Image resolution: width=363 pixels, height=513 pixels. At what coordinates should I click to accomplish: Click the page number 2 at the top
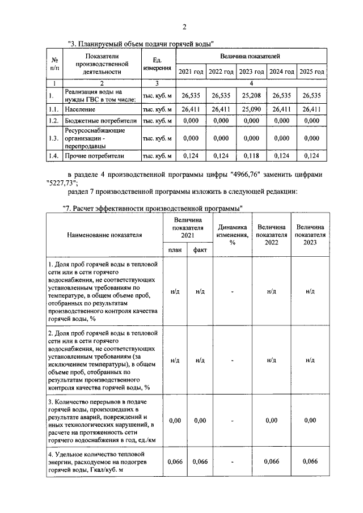[184, 27]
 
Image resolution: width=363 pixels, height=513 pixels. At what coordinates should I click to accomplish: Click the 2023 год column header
[251, 72]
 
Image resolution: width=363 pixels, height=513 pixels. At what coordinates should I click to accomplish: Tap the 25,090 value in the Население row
[251, 108]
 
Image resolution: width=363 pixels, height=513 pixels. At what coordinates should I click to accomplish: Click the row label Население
[79, 108]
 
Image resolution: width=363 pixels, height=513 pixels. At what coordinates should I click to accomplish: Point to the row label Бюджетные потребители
[101, 121]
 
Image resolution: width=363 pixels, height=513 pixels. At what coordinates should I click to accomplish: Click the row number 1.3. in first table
[53, 138]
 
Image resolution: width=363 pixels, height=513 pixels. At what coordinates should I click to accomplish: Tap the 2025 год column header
[311, 72]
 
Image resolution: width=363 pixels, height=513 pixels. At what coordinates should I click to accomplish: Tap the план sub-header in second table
[175, 250]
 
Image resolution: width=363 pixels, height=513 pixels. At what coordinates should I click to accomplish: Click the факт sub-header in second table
[200, 250]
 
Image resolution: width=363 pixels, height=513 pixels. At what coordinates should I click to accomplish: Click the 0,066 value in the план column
[175, 461]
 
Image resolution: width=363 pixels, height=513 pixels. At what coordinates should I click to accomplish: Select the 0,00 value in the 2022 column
[272, 420]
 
